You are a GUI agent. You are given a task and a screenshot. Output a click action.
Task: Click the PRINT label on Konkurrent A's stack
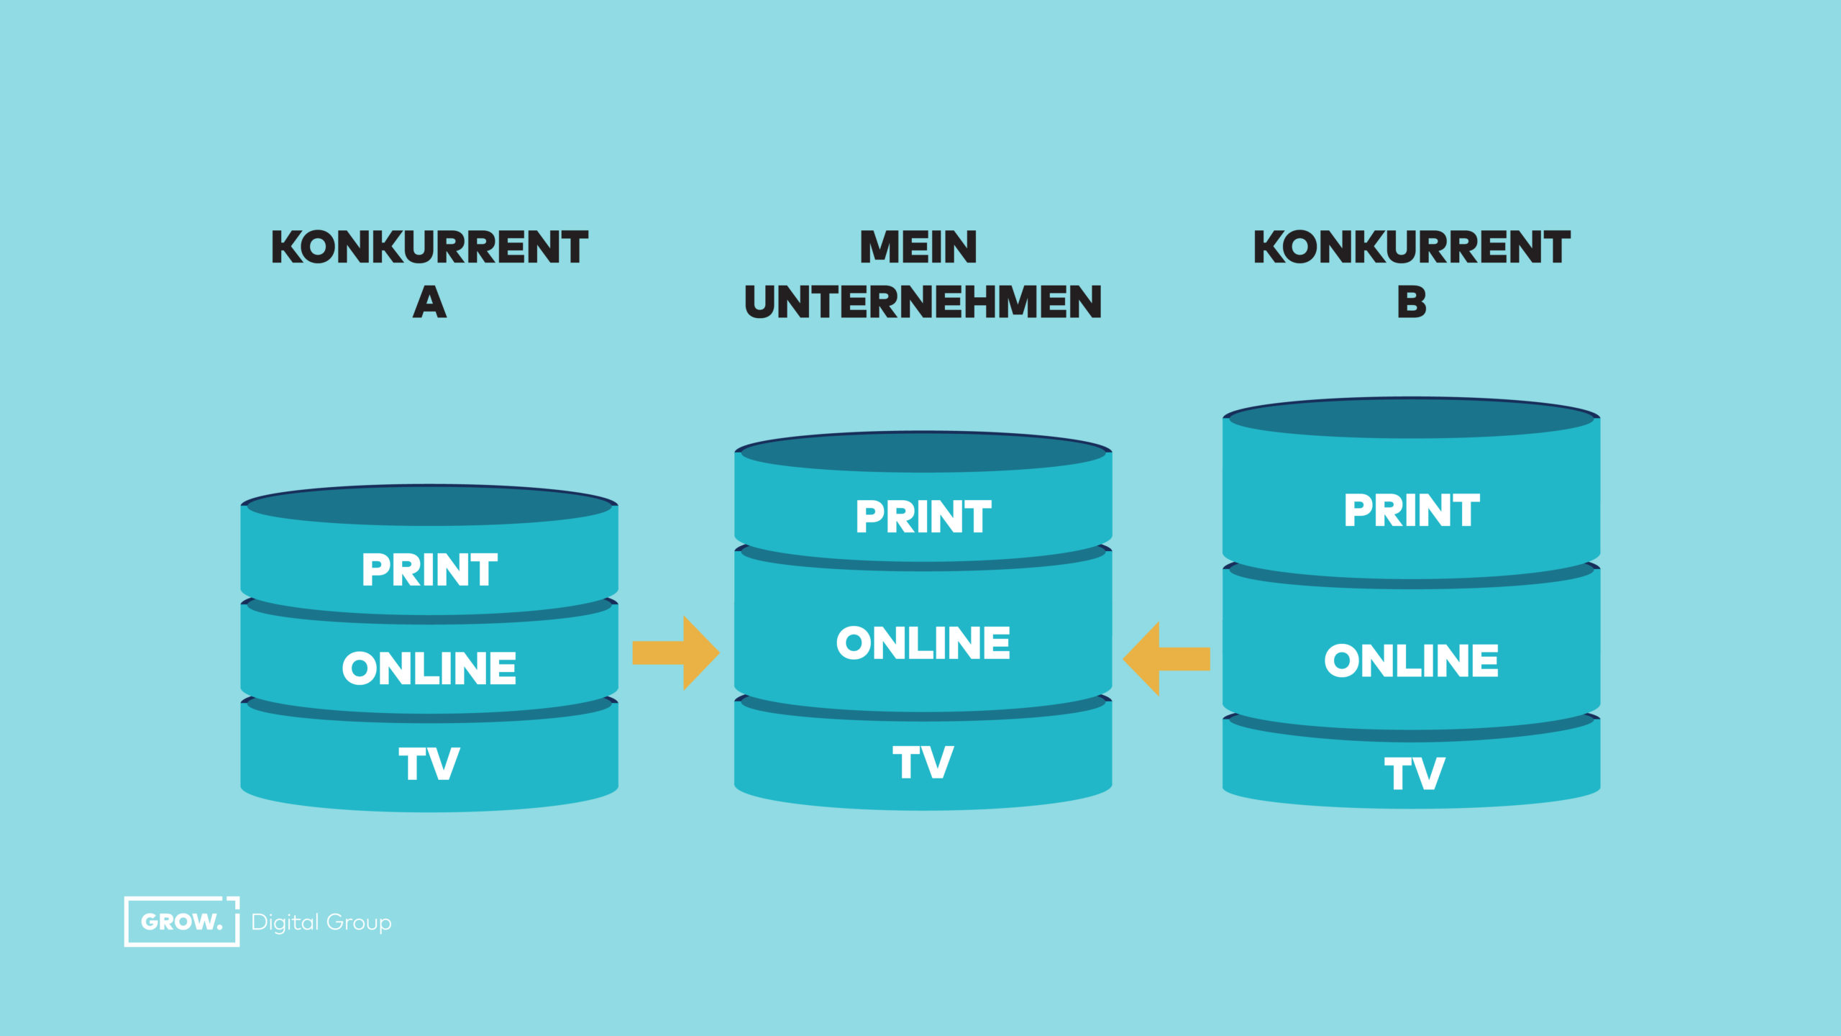point(429,570)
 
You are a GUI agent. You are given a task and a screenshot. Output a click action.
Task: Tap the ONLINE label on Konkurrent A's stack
point(429,668)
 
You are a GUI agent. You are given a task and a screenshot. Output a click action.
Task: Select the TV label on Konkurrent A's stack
point(429,763)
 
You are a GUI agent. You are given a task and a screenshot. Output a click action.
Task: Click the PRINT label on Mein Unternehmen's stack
point(923,517)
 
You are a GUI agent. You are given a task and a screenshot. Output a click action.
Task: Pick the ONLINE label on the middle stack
point(923,642)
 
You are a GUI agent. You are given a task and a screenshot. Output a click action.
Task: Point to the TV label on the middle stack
point(923,762)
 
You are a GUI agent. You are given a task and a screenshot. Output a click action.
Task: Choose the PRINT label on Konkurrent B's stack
point(1412,510)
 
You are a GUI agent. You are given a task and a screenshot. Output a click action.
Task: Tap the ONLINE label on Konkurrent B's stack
point(1412,660)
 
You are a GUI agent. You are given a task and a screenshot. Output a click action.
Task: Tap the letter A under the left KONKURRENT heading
point(429,303)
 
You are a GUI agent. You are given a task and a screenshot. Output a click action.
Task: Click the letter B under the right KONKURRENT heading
point(1412,303)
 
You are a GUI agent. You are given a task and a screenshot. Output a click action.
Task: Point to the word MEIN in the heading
point(918,247)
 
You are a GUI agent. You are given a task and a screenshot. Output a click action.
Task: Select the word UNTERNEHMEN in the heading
point(923,303)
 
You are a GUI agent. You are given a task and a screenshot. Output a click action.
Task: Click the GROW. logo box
point(181,922)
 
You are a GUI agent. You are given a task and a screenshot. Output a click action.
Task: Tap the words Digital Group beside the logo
point(321,922)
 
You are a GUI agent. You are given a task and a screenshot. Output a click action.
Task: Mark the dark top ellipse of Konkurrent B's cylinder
point(1412,419)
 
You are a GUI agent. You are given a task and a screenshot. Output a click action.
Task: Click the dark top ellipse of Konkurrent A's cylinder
point(429,506)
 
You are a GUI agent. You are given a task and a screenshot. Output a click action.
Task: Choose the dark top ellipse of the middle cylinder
point(923,453)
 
